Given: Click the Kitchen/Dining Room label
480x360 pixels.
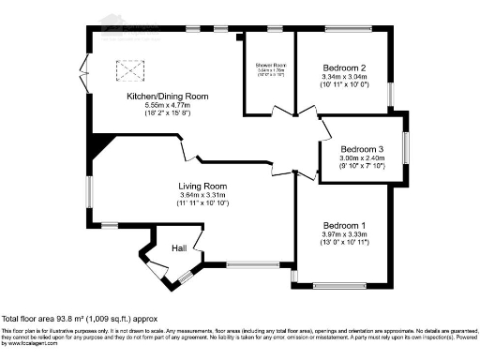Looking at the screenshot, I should tap(168, 97).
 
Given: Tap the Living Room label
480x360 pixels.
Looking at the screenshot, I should tap(203, 186).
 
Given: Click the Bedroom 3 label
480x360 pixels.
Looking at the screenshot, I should tap(362, 149).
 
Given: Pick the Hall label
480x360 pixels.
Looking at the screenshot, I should tap(179, 247).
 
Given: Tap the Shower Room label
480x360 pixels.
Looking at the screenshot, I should tap(270, 65).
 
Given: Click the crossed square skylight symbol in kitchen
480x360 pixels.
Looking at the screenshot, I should tap(127, 69).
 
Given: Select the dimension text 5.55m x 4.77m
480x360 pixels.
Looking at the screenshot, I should tap(168, 107).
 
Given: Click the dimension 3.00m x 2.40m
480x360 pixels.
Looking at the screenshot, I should tap(362, 159).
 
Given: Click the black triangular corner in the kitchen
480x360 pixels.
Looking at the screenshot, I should tap(98, 146).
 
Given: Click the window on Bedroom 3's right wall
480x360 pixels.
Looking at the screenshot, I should tap(405, 150).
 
